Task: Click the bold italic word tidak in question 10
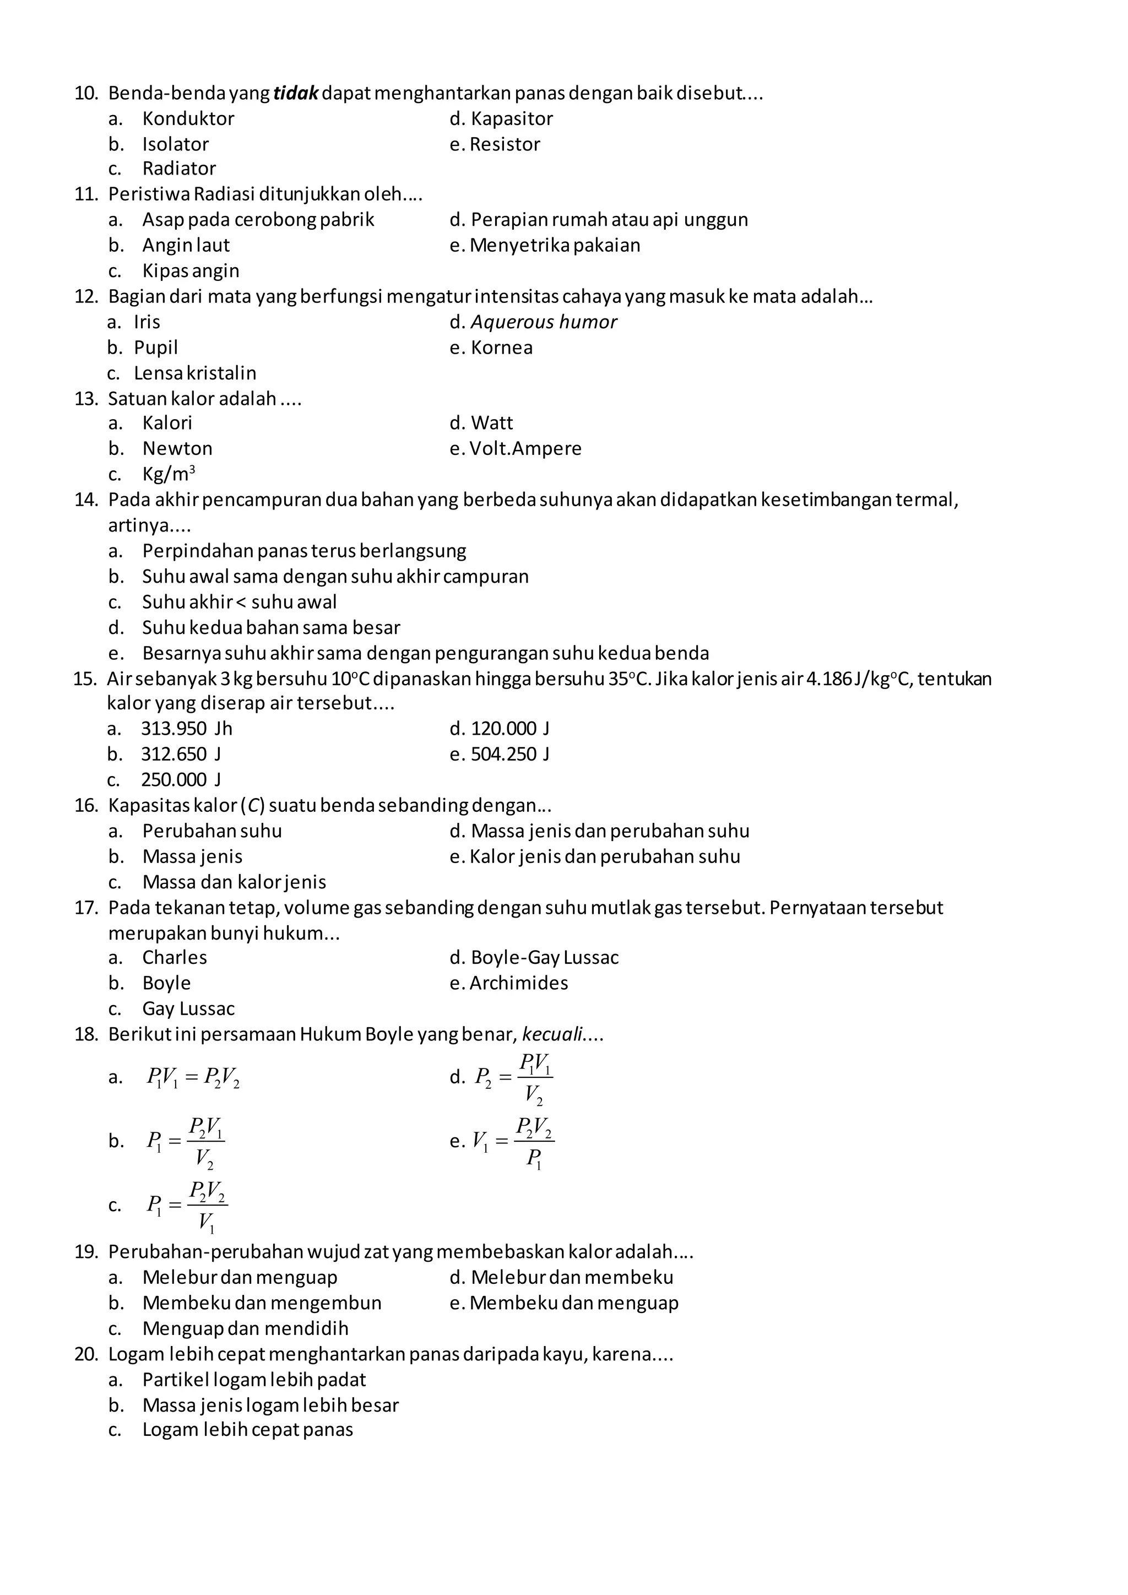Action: pyautogui.click(x=295, y=93)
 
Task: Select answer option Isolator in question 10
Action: pyautogui.click(x=175, y=144)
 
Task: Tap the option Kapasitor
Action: pyautogui.click(x=511, y=119)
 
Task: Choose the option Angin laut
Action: pyautogui.click(x=186, y=245)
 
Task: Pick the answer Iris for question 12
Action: pyautogui.click(x=147, y=322)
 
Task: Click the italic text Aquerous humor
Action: pyautogui.click(x=543, y=322)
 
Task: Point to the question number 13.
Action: pyautogui.click(x=86, y=399)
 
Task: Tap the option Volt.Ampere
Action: pyautogui.click(x=525, y=449)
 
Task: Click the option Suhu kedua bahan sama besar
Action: pyautogui.click(x=271, y=628)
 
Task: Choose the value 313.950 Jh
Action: pyautogui.click(x=186, y=729)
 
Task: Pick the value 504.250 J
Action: pyautogui.click(x=510, y=755)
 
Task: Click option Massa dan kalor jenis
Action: pyautogui.click(x=234, y=882)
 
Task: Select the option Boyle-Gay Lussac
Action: pyautogui.click(x=544, y=958)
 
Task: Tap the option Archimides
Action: pyautogui.click(x=518, y=983)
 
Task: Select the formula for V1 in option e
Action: pyautogui.click(x=513, y=1141)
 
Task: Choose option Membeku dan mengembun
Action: pyautogui.click(x=261, y=1303)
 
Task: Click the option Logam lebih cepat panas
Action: pyautogui.click(x=247, y=1430)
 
